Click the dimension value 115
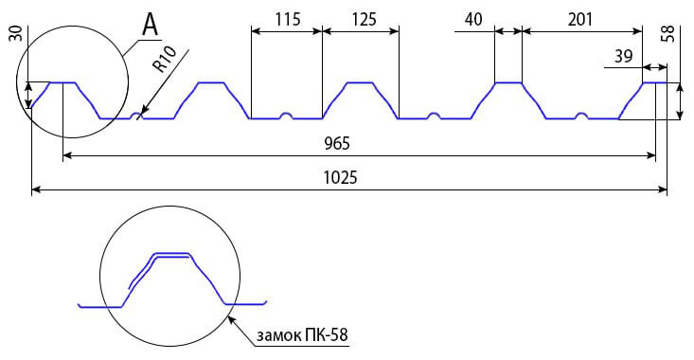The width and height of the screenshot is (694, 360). pos(288,20)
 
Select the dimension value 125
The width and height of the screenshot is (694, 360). pos(365,20)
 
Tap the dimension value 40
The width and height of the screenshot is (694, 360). pos(473,20)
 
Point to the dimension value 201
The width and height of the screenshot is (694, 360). pos(580,20)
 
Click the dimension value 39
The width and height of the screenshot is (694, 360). pos(623,56)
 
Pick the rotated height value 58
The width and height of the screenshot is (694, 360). pos(668,34)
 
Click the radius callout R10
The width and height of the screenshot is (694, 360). pos(165,59)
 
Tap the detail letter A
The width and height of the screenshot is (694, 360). pos(150,25)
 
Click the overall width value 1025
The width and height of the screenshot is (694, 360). pos(340,177)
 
